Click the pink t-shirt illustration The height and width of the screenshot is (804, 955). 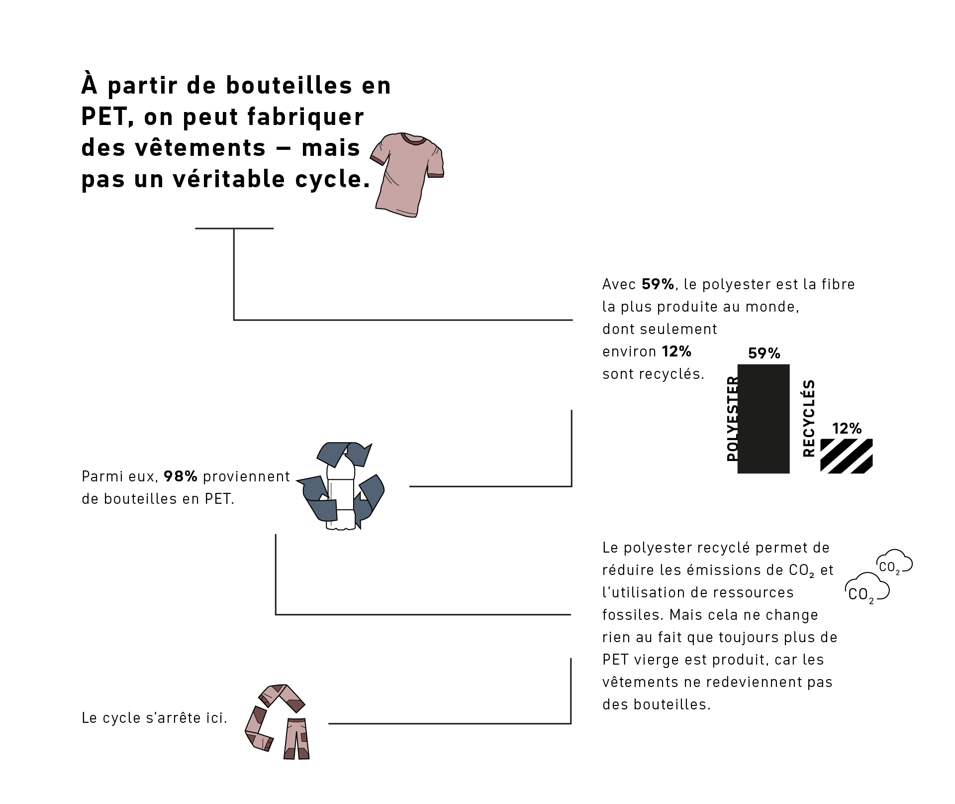tap(407, 174)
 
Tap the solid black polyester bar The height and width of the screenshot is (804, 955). tap(764, 419)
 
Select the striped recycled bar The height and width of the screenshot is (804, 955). tap(846, 456)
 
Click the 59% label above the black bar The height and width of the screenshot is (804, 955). tap(764, 353)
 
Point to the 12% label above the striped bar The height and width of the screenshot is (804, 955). tap(847, 429)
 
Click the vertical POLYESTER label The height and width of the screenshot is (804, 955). tap(732, 419)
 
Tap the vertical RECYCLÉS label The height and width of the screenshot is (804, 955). tap(809, 418)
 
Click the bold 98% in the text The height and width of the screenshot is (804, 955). tap(181, 476)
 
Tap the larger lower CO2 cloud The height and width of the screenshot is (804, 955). tap(867, 588)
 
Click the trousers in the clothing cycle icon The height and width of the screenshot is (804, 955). tap(296, 739)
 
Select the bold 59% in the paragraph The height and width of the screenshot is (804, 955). tap(658, 284)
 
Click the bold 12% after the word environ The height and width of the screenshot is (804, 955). tap(676, 351)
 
